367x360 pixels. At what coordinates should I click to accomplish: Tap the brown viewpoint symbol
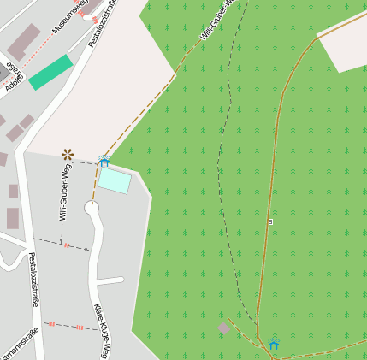click(68, 154)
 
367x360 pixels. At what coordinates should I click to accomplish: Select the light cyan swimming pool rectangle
click(114, 180)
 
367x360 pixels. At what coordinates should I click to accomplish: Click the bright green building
click(51, 72)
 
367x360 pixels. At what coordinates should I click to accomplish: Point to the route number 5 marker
click(270, 221)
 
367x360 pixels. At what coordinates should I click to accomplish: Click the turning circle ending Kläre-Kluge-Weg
click(92, 207)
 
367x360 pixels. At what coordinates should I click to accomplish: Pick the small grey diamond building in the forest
click(224, 328)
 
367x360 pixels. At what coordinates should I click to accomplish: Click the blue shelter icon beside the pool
click(104, 161)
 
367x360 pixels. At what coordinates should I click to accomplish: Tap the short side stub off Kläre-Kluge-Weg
click(111, 280)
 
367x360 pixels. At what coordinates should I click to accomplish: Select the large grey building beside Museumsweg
click(23, 42)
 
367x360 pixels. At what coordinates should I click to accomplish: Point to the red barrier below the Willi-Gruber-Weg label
click(66, 245)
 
